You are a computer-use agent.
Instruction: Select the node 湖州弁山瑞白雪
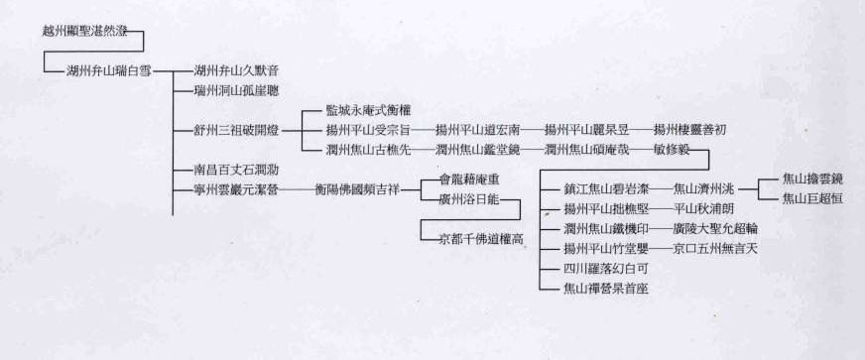[108, 70]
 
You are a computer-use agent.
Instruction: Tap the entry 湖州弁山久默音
[237, 70]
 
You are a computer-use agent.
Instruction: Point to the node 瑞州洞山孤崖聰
[237, 90]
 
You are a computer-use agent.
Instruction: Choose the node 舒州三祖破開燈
[237, 130]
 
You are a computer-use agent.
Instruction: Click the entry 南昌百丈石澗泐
[237, 170]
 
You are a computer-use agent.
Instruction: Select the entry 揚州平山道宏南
[478, 130]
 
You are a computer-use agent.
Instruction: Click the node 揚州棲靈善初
[690, 130]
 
